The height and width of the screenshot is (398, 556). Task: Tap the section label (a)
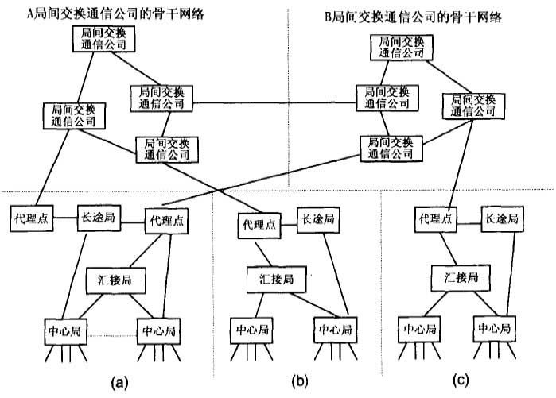point(119,383)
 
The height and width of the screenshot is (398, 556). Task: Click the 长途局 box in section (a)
point(98,218)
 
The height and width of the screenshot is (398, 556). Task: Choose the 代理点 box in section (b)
point(260,225)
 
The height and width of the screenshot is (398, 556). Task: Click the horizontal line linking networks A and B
point(274,102)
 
